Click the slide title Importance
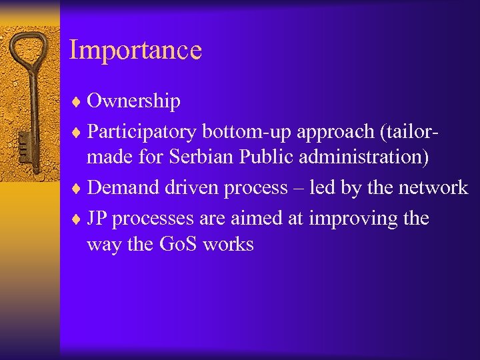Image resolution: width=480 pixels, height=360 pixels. click(x=135, y=51)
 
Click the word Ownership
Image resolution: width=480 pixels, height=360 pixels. click(x=133, y=101)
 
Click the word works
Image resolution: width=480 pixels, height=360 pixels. click(x=228, y=245)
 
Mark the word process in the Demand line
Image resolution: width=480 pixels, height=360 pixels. click(x=253, y=189)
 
